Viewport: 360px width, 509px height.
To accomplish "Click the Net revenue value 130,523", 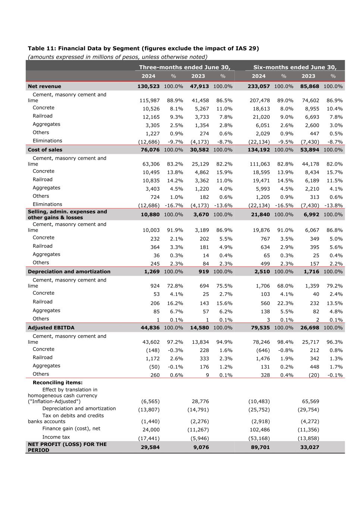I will tap(148, 86).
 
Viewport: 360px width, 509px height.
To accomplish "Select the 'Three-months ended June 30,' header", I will tap(185, 67).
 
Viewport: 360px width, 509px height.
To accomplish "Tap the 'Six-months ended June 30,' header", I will tap(295, 67).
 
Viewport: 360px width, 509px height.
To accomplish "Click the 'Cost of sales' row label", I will tap(45, 150).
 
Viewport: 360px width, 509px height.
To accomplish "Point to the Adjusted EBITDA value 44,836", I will tap(150, 328).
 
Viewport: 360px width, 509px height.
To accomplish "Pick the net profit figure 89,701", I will tap(260, 447).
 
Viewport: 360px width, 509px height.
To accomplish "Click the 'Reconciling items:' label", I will tap(57, 382).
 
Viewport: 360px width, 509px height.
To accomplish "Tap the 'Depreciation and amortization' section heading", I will tap(69, 271).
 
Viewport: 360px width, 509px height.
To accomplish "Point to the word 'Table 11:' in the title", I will tap(42, 48).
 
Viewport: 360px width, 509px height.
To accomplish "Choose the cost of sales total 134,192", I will tap(259, 150).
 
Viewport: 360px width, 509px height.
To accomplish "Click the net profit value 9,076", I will tap(201, 447).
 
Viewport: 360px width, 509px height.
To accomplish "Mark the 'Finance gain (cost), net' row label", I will tap(71, 428).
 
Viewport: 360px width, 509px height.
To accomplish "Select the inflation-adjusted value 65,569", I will tap(310, 401).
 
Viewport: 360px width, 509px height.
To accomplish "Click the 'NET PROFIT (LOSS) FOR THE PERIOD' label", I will tap(67, 447).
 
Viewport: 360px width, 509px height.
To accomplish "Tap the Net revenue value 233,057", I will tap(259, 86).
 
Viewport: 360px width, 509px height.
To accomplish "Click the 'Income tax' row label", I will tap(56, 437).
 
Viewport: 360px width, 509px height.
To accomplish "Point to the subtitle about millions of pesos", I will tap(118, 57).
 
